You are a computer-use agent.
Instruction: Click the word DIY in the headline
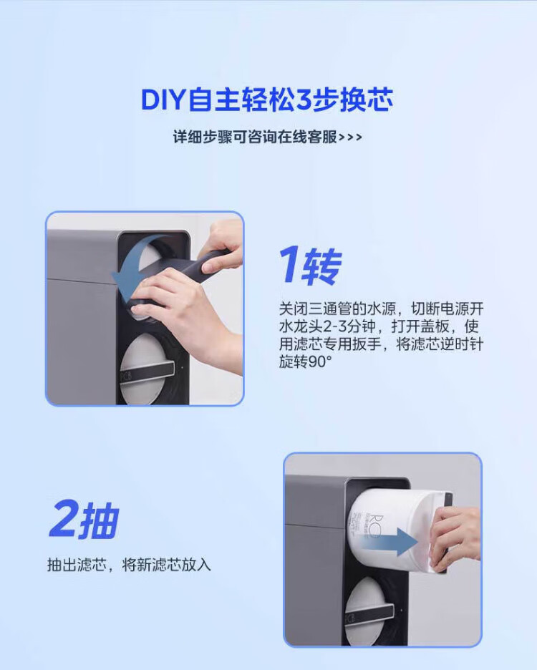pos(163,100)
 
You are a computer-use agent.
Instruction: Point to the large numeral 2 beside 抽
pos(63,519)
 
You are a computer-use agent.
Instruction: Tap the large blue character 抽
pos(98,521)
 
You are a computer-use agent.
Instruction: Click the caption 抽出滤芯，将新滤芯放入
pos(129,565)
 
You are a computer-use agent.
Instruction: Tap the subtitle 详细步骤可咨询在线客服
pos(255,137)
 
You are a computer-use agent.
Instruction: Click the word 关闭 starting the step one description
pos(294,309)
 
